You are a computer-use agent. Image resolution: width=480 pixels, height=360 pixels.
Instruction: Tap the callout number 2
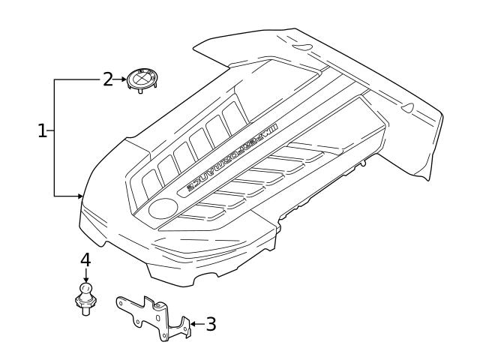[108, 78]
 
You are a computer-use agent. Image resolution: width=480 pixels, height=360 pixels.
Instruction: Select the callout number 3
[211, 324]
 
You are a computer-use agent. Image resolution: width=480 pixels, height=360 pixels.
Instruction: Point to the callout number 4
[85, 259]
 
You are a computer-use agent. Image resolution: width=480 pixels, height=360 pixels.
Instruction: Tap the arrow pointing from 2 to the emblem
[119, 78]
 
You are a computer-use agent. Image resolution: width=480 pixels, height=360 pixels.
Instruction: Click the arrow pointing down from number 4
[85, 275]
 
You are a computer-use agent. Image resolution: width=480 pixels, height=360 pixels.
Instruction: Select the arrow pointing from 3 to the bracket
[196, 324]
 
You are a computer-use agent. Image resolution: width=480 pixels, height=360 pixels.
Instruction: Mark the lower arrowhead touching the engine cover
[79, 196]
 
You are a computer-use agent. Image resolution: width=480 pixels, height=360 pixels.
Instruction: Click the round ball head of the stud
[85, 289]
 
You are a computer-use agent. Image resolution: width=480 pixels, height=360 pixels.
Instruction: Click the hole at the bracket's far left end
[121, 304]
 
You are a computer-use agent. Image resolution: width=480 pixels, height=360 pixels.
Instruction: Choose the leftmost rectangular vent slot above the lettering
[150, 180]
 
